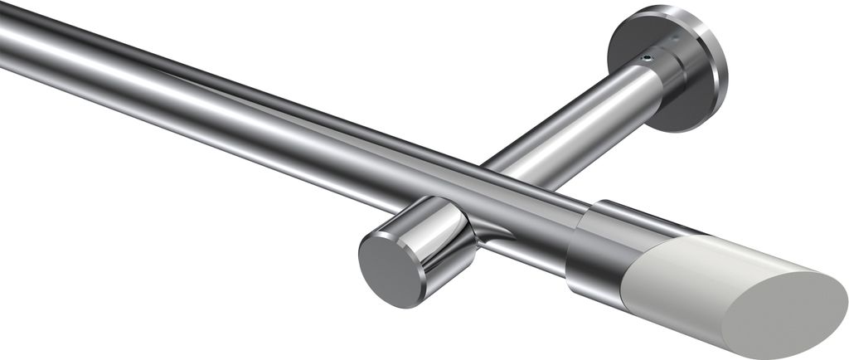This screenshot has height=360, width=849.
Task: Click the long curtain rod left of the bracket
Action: (207, 116)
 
